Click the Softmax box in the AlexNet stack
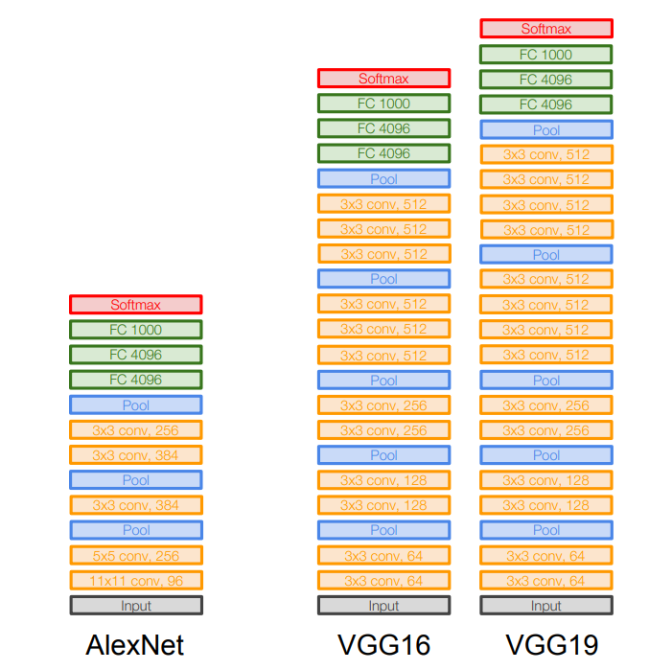click(x=135, y=305)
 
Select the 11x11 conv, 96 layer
click(x=135, y=580)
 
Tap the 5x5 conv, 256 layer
click(x=135, y=555)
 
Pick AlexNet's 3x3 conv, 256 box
click(x=135, y=430)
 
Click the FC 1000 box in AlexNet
click(x=135, y=330)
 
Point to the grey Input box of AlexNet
click(x=135, y=606)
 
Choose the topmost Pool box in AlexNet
click(x=135, y=405)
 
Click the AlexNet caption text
click(x=135, y=644)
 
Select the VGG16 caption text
click(x=383, y=644)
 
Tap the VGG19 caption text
click(x=546, y=644)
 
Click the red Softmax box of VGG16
click(x=383, y=79)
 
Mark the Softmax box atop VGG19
click(x=546, y=29)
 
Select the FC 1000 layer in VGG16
click(x=383, y=104)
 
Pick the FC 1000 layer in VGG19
click(x=546, y=55)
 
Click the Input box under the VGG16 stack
click(x=383, y=606)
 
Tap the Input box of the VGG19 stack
click(x=546, y=606)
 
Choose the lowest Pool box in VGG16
click(x=383, y=530)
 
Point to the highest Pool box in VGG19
click(x=546, y=129)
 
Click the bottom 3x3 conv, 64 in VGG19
click(x=546, y=581)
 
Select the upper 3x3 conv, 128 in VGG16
click(x=383, y=480)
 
